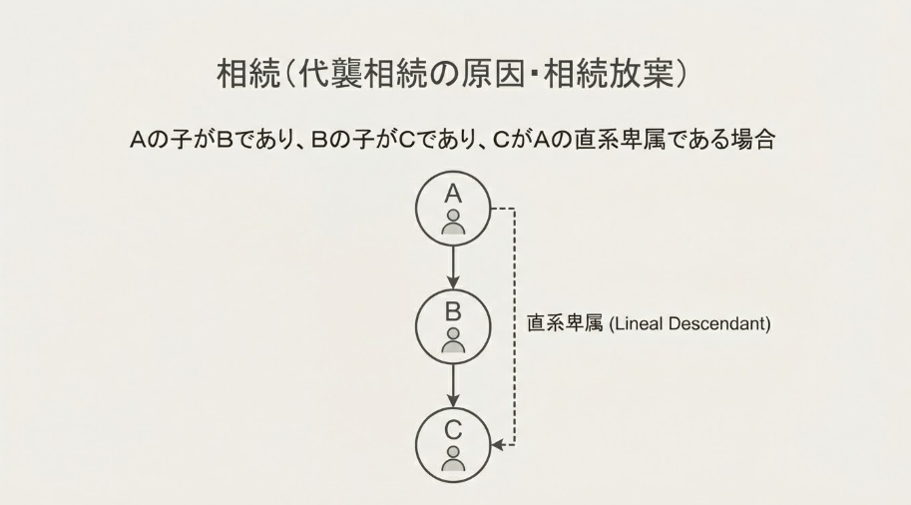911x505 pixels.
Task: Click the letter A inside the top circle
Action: [454, 194]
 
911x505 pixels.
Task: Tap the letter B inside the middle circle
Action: [454, 311]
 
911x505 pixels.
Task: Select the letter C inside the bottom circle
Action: [454, 431]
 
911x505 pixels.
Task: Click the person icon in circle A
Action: [454, 222]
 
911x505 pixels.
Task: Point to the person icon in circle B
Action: [454, 339]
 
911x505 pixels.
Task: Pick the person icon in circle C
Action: [454, 458]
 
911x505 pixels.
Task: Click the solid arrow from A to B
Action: [454, 266]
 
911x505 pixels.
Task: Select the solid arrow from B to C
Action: [454, 385]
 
